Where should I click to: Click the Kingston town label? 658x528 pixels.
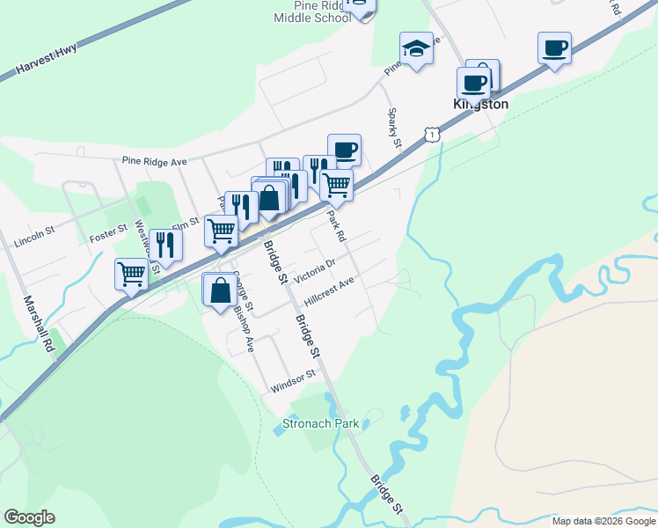(x=480, y=104)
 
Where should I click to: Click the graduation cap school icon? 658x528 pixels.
(x=416, y=48)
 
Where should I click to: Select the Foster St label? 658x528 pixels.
(x=109, y=238)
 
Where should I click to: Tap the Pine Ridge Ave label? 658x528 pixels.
(x=155, y=162)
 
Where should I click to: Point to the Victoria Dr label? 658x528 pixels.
(x=315, y=270)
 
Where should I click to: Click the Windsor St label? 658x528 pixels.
(x=293, y=381)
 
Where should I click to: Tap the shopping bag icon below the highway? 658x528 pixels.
(x=218, y=290)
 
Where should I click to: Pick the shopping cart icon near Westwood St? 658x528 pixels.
(x=131, y=274)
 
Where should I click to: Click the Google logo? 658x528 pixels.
(x=29, y=517)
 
